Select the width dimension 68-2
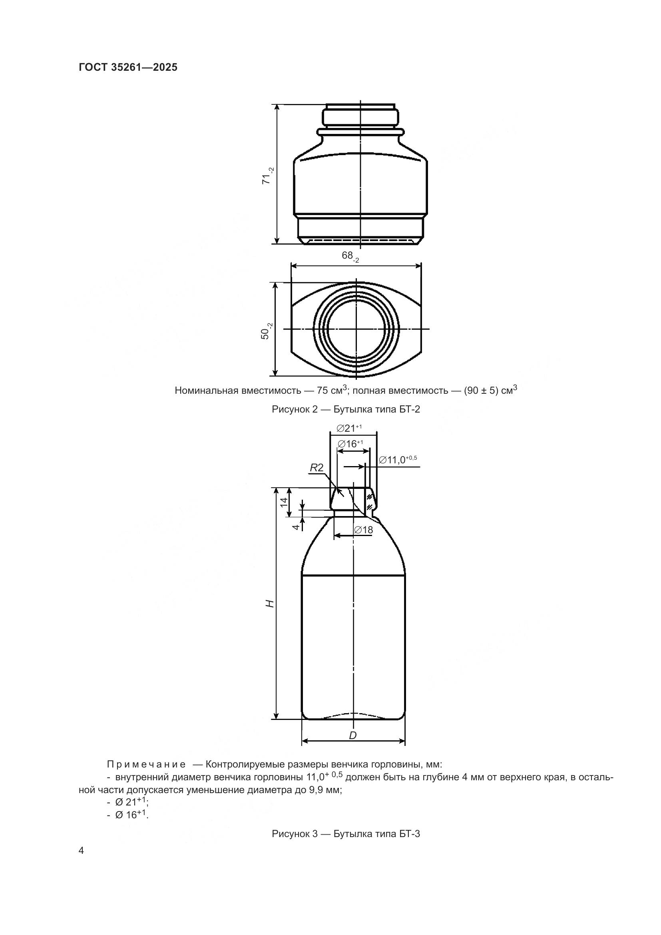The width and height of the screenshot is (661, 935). click(x=350, y=256)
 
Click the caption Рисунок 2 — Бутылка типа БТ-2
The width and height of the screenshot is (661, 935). click(x=346, y=410)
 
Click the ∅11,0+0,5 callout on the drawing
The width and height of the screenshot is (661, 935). click(x=398, y=460)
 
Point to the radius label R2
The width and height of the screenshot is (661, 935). click(x=316, y=468)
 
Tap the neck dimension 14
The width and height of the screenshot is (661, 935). click(x=284, y=501)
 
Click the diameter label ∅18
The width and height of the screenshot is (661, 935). click(x=363, y=530)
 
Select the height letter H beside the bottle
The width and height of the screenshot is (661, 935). click(x=270, y=604)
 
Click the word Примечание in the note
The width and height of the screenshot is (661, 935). click(x=146, y=764)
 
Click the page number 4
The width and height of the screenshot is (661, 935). click(x=81, y=851)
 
